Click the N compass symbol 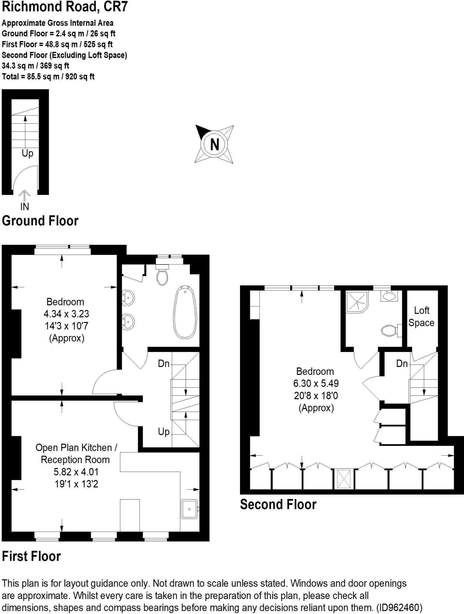point(214,144)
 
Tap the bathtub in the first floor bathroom point(185,312)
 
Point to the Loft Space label point(421,317)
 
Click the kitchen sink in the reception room point(190,509)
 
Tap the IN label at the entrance point(25,207)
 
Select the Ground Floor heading point(40,221)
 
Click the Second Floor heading point(278,504)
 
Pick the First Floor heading point(31,556)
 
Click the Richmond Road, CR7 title point(65,7)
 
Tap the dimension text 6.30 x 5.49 point(316,383)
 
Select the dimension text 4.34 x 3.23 point(66,314)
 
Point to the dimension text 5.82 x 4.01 point(76,472)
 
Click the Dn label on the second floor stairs point(402,364)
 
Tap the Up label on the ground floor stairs point(28,153)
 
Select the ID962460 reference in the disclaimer point(399,608)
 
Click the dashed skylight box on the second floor point(344,478)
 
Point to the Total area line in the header point(48,76)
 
